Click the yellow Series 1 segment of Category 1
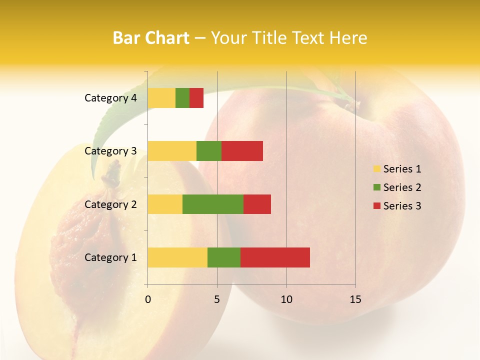point(177,257)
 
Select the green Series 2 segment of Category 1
point(224,257)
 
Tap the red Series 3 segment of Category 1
point(275,257)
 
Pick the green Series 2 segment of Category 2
point(213,204)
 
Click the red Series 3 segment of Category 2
point(257,204)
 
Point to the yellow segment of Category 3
point(172,151)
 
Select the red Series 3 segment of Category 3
point(242,151)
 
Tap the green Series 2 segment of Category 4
point(182,98)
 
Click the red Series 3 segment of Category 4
point(196,98)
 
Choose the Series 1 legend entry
point(397,169)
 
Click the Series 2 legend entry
point(397,187)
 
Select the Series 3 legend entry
point(397,206)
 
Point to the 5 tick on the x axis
point(217,299)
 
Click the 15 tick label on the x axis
point(355,299)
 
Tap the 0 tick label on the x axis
point(148,299)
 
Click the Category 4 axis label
point(110,98)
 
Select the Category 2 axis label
point(110,204)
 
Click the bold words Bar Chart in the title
point(151,38)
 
